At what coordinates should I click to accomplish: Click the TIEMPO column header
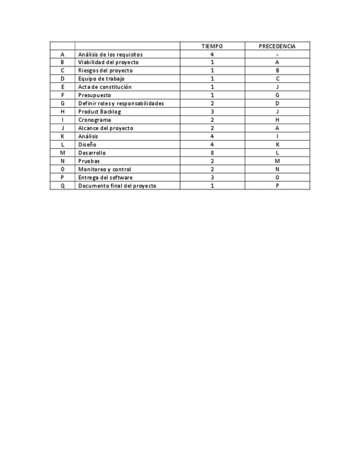pos(212,46)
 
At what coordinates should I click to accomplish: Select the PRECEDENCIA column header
pos(277,46)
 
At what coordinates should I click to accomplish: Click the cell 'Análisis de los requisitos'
pos(110,54)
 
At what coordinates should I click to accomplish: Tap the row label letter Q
pos(63,186)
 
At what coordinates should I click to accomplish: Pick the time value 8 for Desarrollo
pos(212,153)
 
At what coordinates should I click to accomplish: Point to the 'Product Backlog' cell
pos(99,112)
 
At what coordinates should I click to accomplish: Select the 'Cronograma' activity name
pos(95,120)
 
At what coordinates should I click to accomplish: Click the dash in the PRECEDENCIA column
pos(277,54)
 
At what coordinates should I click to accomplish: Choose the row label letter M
pos(63,153)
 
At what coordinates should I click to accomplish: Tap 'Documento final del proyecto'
pos(117,186)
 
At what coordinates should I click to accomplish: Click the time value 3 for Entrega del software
pos(212,177)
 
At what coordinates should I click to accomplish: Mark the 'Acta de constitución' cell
pos(105,87)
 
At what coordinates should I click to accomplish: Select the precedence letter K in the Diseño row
pos(277,145)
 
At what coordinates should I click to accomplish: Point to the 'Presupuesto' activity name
pos(95,95)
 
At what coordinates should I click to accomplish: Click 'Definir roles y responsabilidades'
pos(121,103)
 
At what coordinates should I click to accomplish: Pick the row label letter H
pos(63,112)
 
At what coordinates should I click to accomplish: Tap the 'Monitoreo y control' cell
pos(104,169)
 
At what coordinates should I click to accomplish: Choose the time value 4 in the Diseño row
pos(212,145)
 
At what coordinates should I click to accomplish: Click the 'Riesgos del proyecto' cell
pos(105,70)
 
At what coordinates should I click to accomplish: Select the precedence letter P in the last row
pos(277,186)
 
